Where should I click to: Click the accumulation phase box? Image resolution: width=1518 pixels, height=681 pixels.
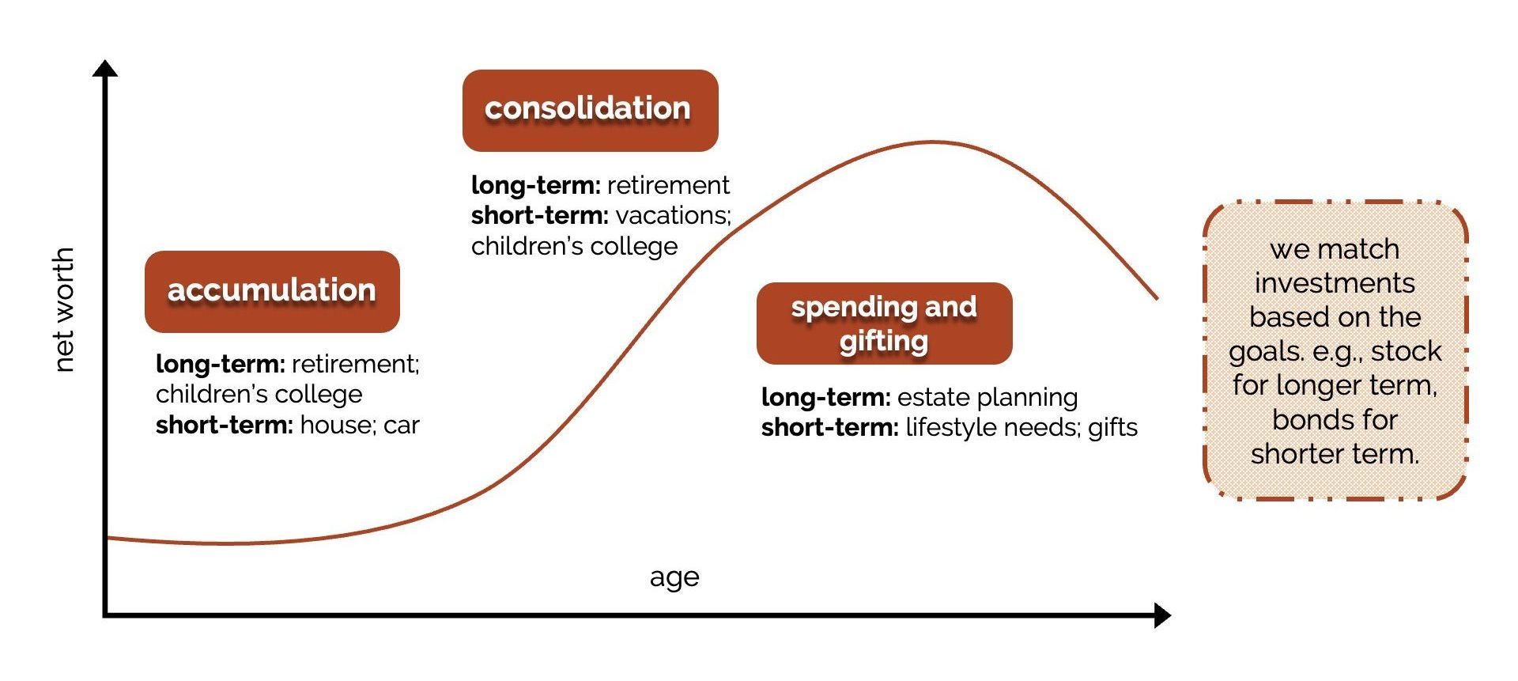tap(272, 292)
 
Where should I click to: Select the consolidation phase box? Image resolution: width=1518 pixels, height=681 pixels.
tap(590, 111)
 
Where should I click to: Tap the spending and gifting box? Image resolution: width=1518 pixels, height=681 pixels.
tap(884, 323)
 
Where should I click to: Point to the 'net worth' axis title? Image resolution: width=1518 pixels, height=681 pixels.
tap(63, 309)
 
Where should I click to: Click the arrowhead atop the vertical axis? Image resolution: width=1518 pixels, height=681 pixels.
tap(105, 68)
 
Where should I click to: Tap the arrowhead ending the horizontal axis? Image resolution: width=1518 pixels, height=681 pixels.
tap(1162, 615)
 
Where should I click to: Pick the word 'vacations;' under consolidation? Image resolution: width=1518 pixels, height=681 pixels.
tap(673, 215)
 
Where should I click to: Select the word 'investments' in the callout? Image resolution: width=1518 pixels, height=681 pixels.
tap(1335, 283)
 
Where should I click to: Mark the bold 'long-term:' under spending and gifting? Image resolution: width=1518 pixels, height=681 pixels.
tap(826, 397)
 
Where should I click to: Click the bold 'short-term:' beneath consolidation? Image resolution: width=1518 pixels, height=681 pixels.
tap(539, 215)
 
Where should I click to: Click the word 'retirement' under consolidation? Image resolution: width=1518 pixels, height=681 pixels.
tap(669, 185)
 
